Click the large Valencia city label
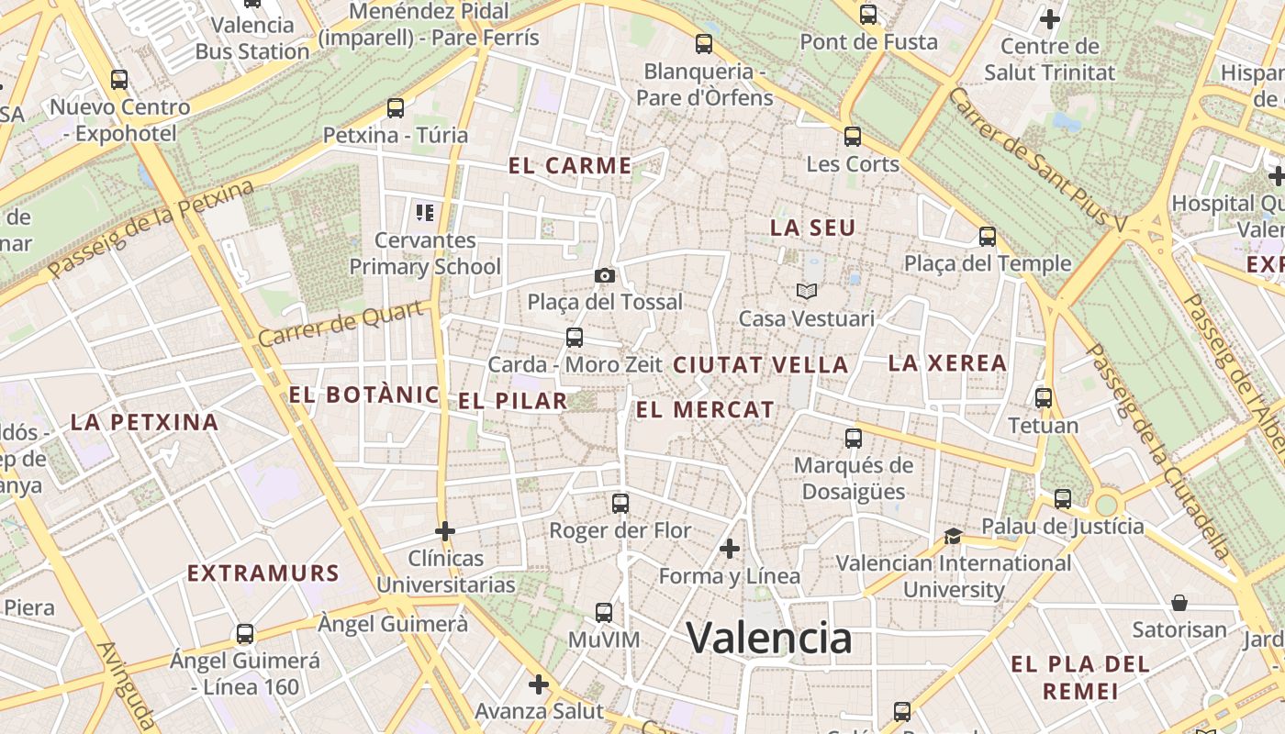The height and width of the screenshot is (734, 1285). pos(769,638)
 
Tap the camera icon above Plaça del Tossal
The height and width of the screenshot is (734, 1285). pos(604,275)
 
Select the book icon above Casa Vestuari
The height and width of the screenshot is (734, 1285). pos(807,292)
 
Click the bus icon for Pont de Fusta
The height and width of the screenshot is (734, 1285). pos(867,15)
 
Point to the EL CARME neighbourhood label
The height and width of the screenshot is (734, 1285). pos(570,166)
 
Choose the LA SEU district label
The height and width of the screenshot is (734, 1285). pos(812,228)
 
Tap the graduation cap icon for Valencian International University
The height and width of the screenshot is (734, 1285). pos(953,536)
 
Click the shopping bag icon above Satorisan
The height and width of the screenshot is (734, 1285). pos(1179,603)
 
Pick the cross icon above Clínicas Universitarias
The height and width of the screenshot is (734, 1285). pos(445,530)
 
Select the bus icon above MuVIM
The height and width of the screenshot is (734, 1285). pos(603,612)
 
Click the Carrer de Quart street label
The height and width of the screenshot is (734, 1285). pos(341,323)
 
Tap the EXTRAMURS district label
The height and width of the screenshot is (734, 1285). pos(263,573)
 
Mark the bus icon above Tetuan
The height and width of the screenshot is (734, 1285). pos(1043,398)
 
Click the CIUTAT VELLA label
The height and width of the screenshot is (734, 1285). pos(761,364)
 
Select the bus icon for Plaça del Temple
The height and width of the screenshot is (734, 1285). pos(988,237)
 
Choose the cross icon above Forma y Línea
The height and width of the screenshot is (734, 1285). pos(730,549)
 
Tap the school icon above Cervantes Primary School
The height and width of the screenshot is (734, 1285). pos(425,213)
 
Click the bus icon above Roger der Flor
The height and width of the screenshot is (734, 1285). pos(620,503)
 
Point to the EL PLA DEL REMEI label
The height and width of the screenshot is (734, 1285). pos(1079,677)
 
